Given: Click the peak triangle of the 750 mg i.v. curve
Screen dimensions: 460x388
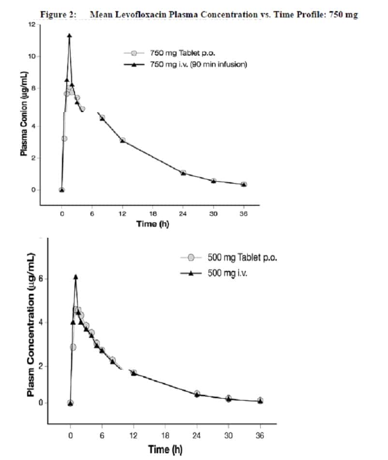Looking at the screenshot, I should click(69, 36).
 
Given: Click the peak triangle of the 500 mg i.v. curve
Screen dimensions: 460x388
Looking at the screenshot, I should click(75, 277).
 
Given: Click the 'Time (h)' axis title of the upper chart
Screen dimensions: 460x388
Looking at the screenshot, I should click(152, 224).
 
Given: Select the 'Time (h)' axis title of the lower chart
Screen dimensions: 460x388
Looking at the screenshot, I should click(165, 449).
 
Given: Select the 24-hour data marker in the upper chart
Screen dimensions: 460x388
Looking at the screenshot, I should click(183, 172).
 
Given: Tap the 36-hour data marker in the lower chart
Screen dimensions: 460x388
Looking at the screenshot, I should click(260, 401).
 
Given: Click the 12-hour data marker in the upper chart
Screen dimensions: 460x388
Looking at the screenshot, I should click(122, 140).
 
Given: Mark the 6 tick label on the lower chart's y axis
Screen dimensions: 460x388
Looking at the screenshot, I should click(42, 279).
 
